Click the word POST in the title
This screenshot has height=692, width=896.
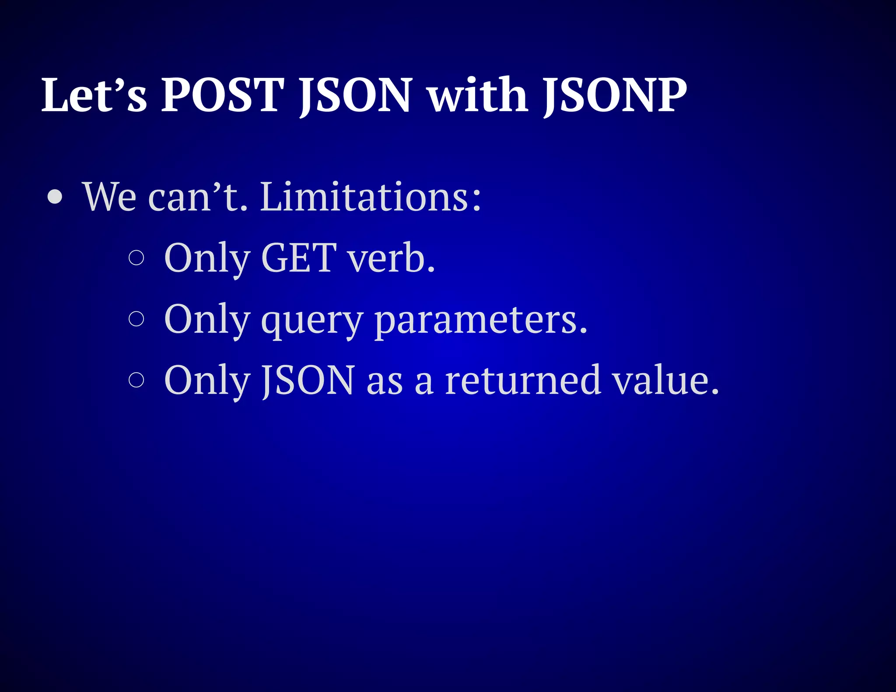pyautogui.click(x=223, y=95)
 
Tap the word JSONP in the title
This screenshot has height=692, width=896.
pyautogui.click(x=615, y=95)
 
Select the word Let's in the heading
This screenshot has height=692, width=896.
pyautogui.click(x=94, y=95)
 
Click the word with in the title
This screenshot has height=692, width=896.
pyautogui.click(x=478, y=95)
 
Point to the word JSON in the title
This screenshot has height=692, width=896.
pyautogui.click(x=355, y=95)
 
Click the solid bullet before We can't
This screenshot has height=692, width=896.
pyautogui.click(x=55, y=197)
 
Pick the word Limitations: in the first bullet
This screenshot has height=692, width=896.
pyautogui.click(x=371, y=197)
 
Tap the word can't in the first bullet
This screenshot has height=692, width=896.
pyautogui.click(x=198, y=197)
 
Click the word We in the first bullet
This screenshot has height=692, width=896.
pyautogui.click(x=109, y=197)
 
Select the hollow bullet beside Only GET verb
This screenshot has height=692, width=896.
pyautogui.click(x=136, y=258)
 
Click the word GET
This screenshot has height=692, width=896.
pyautogui.click(x=299, y=258)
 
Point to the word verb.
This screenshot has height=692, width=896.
pyautogui.click(x=392, y=258)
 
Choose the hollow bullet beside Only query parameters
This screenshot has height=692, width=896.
pyautogui.click(x=136, y=318)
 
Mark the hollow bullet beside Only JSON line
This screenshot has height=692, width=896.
pyautogui.click(x=136, y=379)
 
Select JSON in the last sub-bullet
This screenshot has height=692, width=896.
pyautogui.click(x=308, y=380)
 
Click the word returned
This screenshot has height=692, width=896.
pyautogui.click(x=522, y=379)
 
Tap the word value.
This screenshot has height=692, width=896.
pyautogui.click(x=665, y=379)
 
